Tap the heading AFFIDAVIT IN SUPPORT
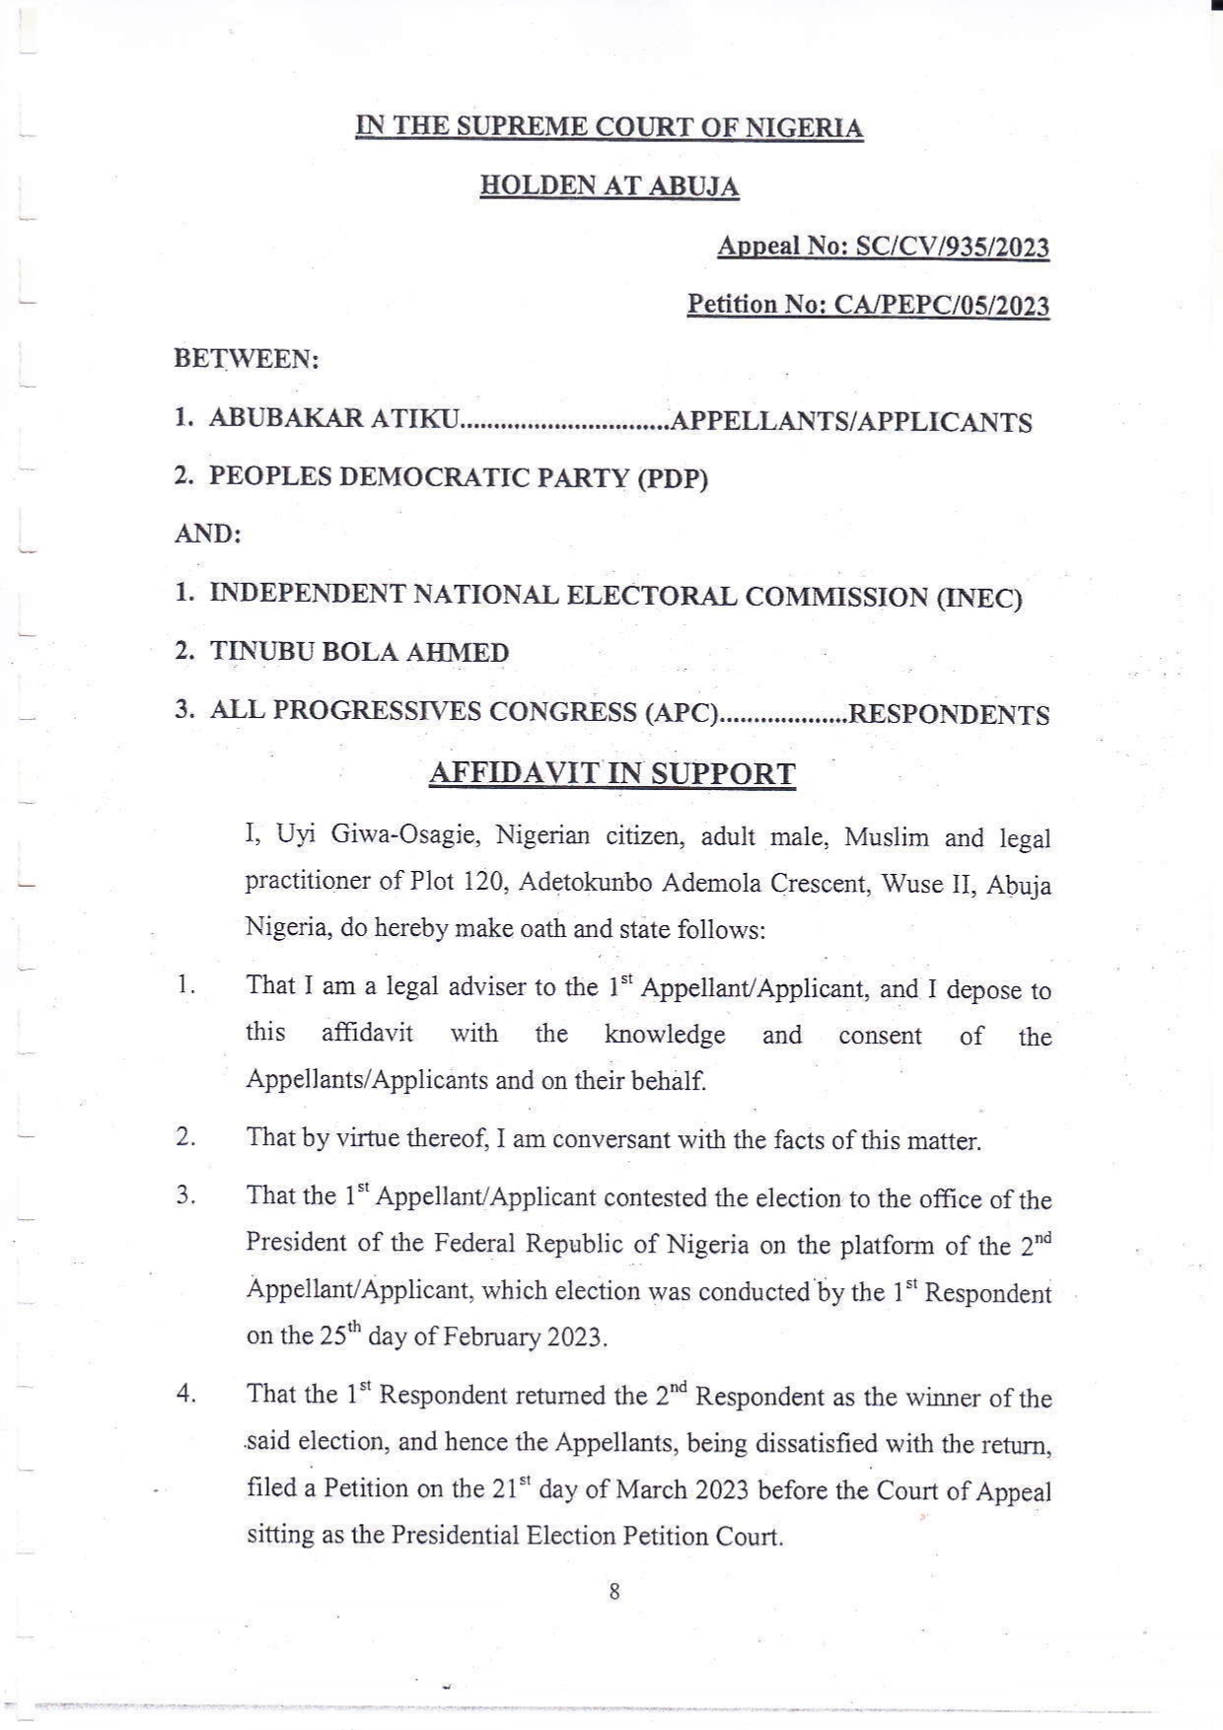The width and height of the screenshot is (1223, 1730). (x=611, y=774)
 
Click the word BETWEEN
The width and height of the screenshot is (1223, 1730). (x=246, y=359)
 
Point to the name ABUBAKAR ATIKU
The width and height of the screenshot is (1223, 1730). (x=334, y=419)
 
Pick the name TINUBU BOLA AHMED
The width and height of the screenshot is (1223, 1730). (x=360, y=653)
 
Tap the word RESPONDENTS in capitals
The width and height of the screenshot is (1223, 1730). (x=949, y=714)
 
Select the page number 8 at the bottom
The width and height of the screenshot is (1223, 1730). (x=614, y=1591)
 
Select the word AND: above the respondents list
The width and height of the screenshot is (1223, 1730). (x=208, y=536)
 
